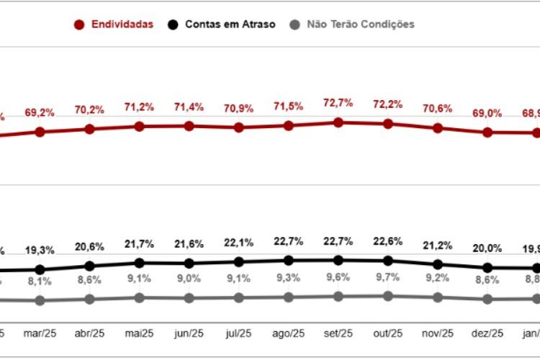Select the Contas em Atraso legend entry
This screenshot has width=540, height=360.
(x=221, y=24)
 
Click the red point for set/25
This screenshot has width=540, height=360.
(x=338, y=122)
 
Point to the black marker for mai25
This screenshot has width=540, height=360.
(x=140, y=263)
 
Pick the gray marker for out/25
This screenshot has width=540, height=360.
(x=388, y=295)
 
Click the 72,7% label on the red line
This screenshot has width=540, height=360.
(x=338, y=103)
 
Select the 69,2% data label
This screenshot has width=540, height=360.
(x=40, y=113)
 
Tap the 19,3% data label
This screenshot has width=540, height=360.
(x=40, y=251)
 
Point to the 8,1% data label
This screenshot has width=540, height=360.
(x=40, y=282)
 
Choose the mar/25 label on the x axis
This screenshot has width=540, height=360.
(x=40, y=333)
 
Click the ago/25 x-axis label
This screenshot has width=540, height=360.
(x=288, y=333)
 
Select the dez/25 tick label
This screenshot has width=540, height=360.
(x=487, y=333)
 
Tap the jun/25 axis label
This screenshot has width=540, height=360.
(x=189, y=333)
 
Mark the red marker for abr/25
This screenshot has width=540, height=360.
(x=90, y=129)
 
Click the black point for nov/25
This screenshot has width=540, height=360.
(x=438, y=264)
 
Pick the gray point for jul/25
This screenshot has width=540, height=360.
(x=238, y=297)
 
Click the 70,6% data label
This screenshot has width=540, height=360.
(x=438, y=109)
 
